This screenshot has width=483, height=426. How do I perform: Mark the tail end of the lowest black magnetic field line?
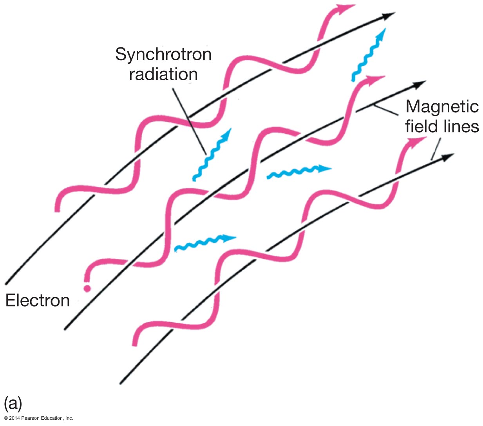pos(121,383)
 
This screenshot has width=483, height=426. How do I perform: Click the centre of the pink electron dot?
pos(87,289)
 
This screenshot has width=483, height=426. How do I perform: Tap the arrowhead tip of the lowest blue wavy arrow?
pos(237,237)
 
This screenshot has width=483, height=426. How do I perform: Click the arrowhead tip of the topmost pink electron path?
pos(355,5)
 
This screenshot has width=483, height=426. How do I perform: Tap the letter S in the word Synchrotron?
pos(121,54)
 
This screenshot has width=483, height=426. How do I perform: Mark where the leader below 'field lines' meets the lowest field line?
pos(431,160)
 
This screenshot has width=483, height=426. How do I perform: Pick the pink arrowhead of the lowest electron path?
pos(416,141)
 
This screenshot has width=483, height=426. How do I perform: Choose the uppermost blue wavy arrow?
pos(369,54)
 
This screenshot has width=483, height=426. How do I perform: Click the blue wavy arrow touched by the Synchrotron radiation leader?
pos(212,155)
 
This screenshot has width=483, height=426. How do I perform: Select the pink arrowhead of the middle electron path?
pos(374,80)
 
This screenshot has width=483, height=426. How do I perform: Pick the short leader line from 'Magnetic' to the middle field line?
pos(386,110)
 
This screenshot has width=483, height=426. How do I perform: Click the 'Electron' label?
pos(38,300)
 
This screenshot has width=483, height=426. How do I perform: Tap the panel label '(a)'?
pos(13,403)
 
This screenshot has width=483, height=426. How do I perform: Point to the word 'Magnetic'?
pos(442,107)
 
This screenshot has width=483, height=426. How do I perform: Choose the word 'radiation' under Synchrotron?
pos(163,74)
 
